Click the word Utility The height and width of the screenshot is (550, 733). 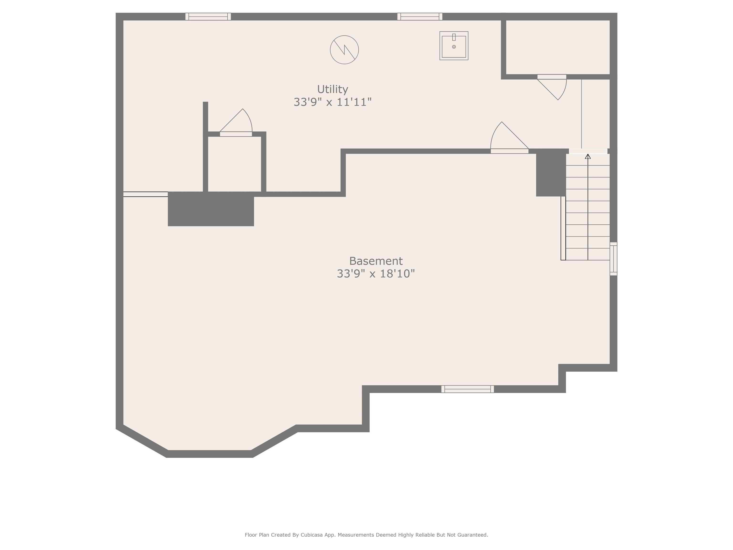click(332, 89)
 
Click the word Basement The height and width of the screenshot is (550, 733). click(376, 261)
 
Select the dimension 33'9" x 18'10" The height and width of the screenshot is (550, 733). click(376, 274)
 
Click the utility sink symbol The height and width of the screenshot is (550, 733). click(454, 46)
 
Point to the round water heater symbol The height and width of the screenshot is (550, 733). click(344, 50)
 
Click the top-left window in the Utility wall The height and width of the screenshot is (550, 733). click(208, 16)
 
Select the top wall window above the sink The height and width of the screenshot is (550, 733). click(419, 16)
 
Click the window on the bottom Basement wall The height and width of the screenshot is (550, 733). click(467, 389)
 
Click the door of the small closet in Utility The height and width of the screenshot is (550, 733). click(236, 134)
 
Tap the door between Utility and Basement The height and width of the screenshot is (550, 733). click(509, 151)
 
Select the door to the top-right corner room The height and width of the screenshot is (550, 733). click(551, 77)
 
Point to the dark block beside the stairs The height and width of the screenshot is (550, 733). click(551, 173)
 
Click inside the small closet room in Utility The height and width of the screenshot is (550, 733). click(234, 164)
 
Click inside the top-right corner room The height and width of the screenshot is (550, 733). click(558, 47)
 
